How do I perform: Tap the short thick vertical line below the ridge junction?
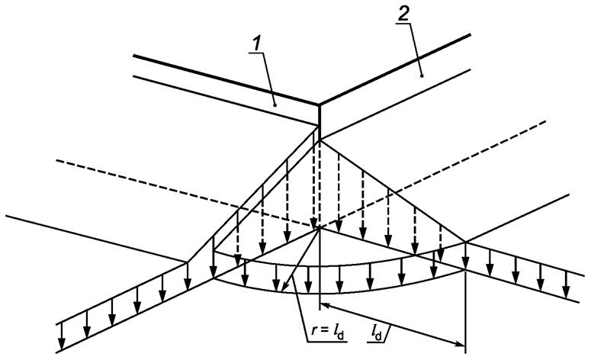point(319,120)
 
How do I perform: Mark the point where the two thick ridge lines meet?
point(319,104)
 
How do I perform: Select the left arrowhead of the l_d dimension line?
point(325,306)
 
